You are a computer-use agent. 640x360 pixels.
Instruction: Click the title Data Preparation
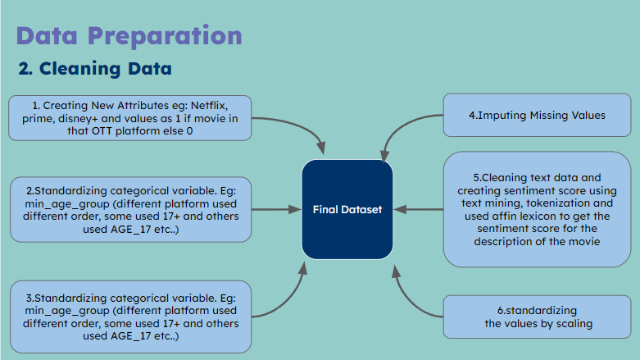pyautogui.click(x=129, y=36)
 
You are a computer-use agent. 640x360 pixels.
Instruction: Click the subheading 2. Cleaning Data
pyautogui.click(x=95, y=69)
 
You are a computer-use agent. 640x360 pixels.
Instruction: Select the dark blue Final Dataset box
pyautogui.click(x=347, y=210)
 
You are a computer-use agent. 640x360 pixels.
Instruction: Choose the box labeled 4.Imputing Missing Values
pyautogui.click(x=537, y=116)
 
